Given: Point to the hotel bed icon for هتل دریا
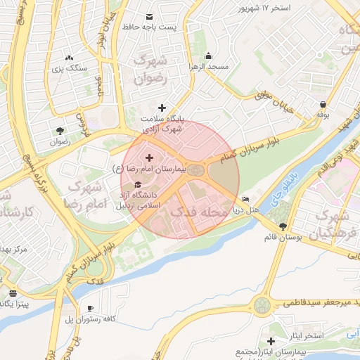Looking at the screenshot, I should (x=245, y=200).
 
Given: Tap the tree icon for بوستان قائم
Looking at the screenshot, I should (x=283, y=227).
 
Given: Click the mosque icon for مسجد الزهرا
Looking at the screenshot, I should (x=208, y=56).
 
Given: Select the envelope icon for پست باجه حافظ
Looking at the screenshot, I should (x=149, y=16).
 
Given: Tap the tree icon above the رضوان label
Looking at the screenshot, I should (x=60, y=130).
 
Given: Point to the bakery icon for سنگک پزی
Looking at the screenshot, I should (x=69, y=58).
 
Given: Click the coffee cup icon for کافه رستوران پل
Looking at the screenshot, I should (x=91, y=309).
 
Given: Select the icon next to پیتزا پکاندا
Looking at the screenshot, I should (x=13, y=292).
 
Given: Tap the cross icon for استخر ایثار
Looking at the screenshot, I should (x=271, y=340).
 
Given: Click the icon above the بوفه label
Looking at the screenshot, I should (x=323, y=104).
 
